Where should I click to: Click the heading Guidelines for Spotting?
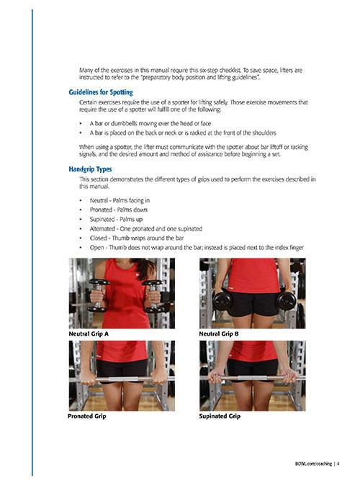[x=101, y=92]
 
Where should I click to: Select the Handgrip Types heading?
[x=90, y=169]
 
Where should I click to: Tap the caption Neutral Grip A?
[x=89, y=334]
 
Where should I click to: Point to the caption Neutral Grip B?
[x=219, y=334]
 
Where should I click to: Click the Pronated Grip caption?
[x=87, y=416]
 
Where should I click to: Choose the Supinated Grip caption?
[x=220, y=416]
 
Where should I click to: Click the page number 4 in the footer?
[x=338, y=464]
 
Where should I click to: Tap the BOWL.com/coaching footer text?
[x=313, y=464]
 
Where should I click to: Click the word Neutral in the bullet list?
[x=99, y=200]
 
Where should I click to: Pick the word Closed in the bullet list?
[x=98, y=238]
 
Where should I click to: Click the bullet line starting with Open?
[x=197, y=248]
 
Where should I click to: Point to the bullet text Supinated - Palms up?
[x=116, y=220]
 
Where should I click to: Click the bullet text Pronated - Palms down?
[x=119, y=210]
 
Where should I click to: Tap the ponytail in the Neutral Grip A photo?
[x=146, y=268]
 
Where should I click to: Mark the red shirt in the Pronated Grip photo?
[x=122, y=350]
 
